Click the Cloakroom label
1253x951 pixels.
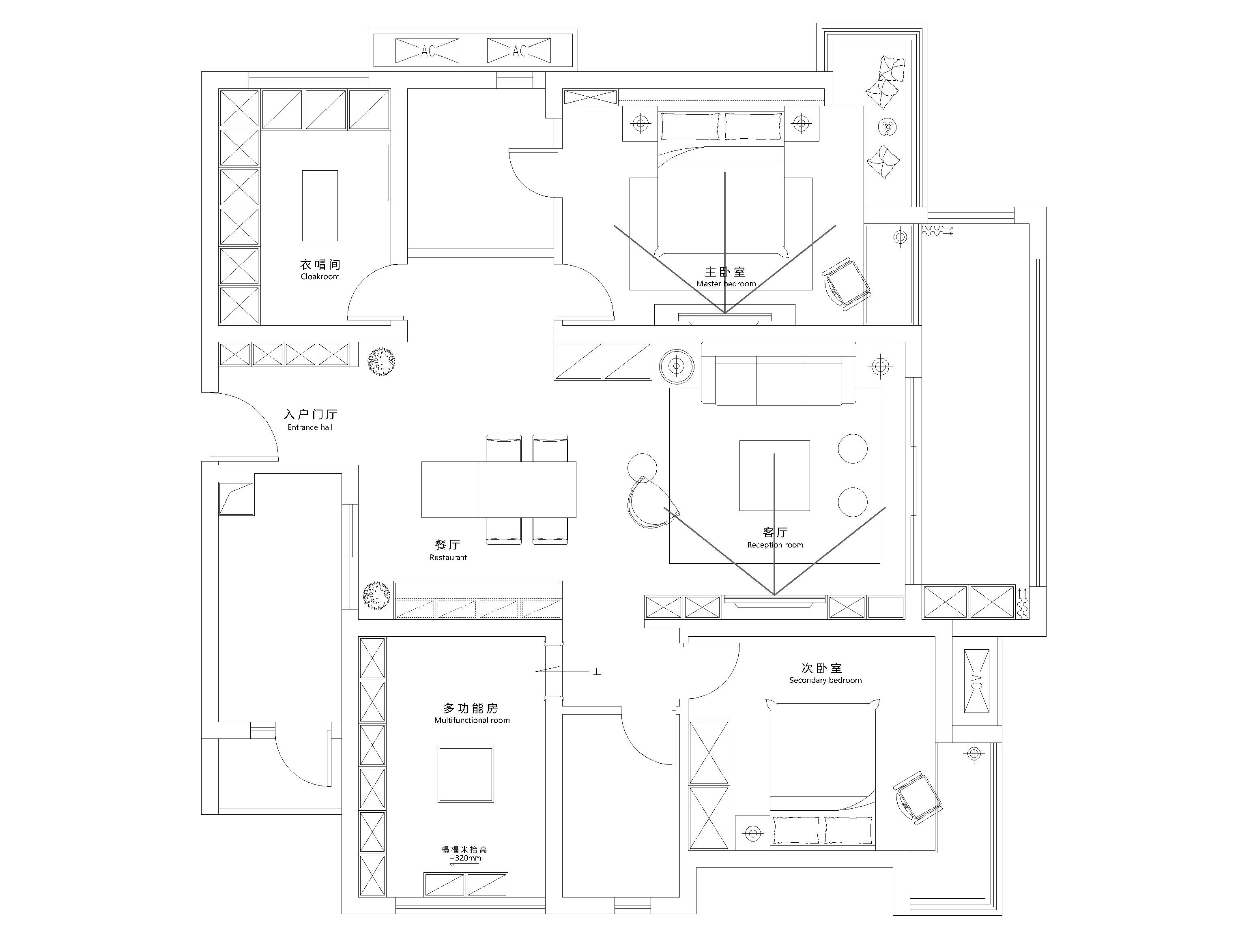coord(320,277)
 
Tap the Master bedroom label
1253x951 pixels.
coord(726,284)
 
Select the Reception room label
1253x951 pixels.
coord(775,545)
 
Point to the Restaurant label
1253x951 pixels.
coord(448,557)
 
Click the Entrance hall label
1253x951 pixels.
coord(310,427)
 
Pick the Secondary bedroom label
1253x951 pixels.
coord(825,680)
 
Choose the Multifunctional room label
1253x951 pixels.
coord(472,721)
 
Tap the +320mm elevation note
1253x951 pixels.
coord(465,858)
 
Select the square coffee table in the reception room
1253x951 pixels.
coord(774,476)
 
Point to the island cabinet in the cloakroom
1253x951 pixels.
coord(320,206)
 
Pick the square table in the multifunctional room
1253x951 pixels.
coord(466,774)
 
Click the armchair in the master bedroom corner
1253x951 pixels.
coord(846,285)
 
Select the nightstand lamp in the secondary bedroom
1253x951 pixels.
coord(752,833)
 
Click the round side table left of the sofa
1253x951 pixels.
coord(677,366)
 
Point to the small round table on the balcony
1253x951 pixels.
coord(888,127)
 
